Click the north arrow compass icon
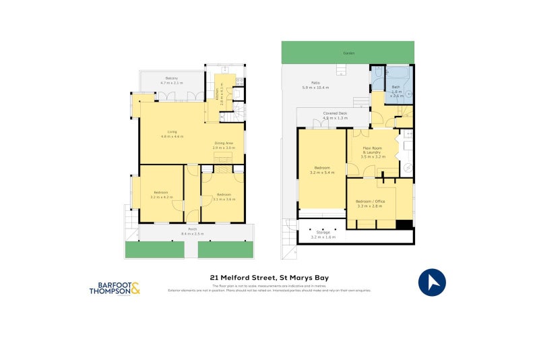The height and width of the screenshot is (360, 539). coord(433,282)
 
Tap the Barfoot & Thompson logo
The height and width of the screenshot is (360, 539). coord(115,289)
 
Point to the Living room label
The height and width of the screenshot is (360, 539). coord(172,134)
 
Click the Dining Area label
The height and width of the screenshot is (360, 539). coord(224,145)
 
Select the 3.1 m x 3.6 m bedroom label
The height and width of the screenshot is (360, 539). coord(224,196)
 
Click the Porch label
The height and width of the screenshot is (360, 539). coord(192,231)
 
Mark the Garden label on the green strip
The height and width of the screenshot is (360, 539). coord(348,53)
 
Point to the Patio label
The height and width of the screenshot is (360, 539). coord(315,86)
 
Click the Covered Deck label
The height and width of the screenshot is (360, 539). coord(334,115)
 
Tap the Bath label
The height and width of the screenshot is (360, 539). coord(396,89)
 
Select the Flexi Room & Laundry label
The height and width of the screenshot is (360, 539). coord(372,152)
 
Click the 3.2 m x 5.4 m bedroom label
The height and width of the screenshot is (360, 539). coord(321,171)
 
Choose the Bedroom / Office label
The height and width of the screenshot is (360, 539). coord(370,203)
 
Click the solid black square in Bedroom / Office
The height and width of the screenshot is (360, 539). coord(404,225)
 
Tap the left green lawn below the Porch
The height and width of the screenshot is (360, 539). coord(155,249)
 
